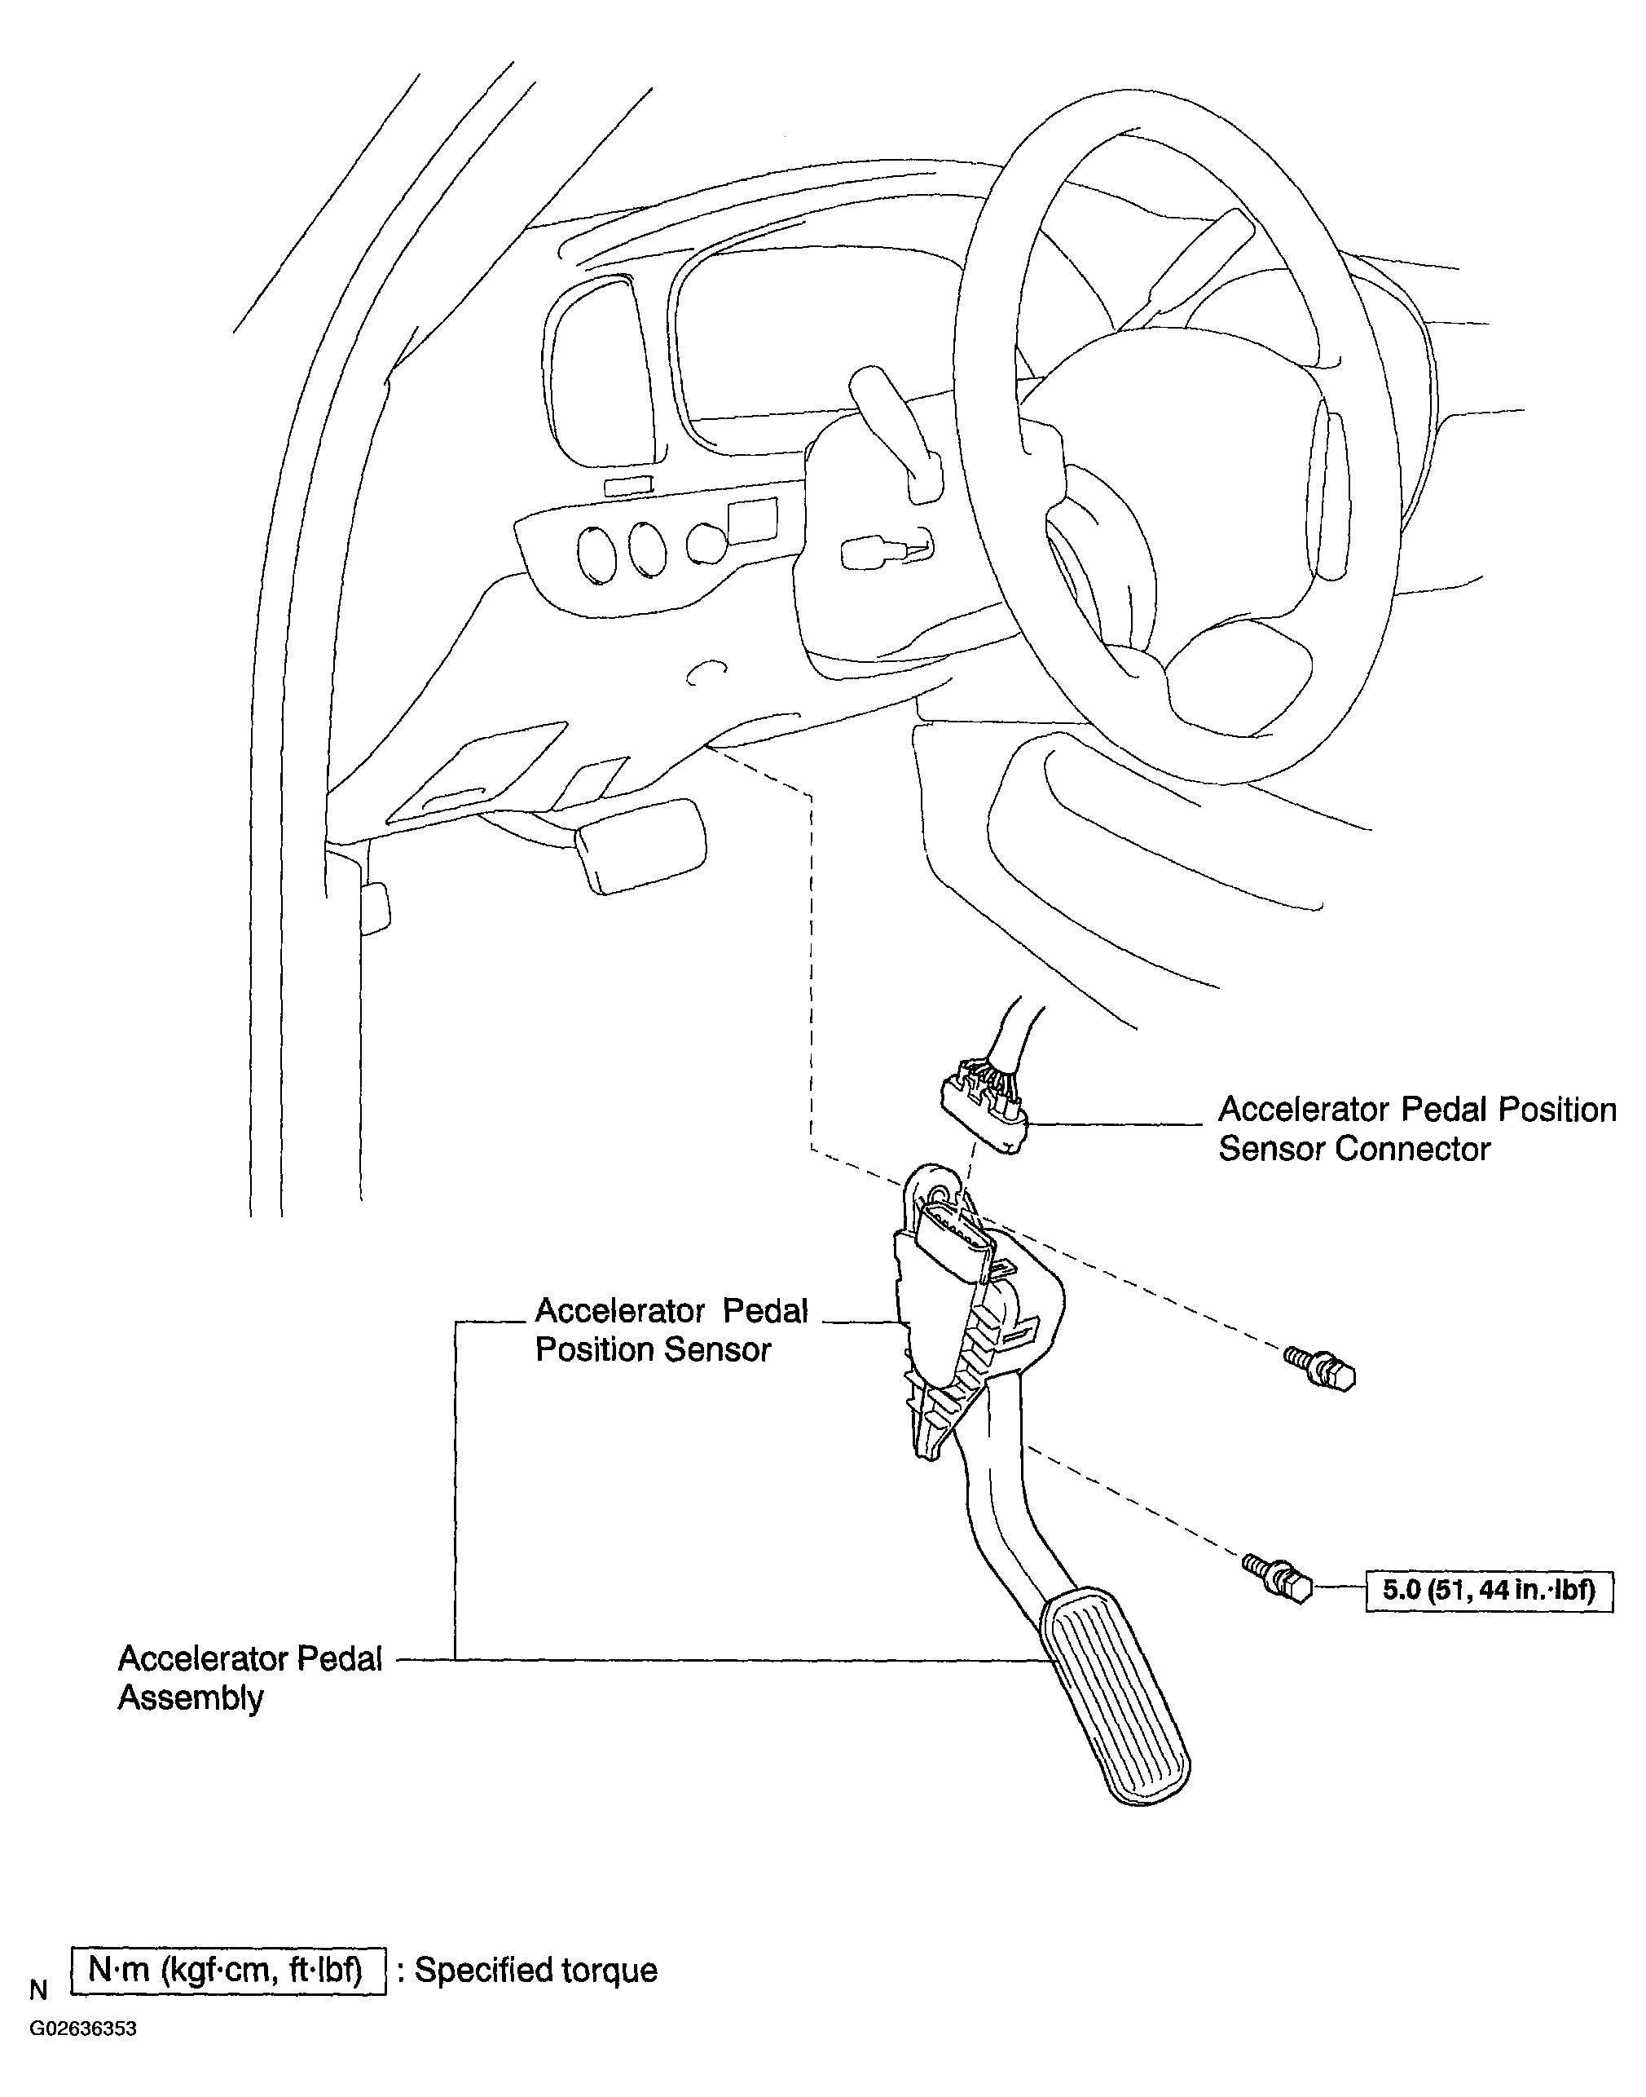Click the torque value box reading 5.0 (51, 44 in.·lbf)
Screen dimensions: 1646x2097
coord(1489,1590)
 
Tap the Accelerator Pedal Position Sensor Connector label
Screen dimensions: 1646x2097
coord(1417,1129)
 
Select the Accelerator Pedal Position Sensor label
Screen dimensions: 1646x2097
coord(671,1330)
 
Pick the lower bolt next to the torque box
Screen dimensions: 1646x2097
coord(1278,1578)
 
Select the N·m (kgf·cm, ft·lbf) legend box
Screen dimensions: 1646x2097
coord(228,1970)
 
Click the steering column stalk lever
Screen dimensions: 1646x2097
coord(896,434)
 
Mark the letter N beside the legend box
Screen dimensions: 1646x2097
coord(38,1990)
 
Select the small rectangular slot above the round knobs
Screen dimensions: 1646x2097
coord(628,485)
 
